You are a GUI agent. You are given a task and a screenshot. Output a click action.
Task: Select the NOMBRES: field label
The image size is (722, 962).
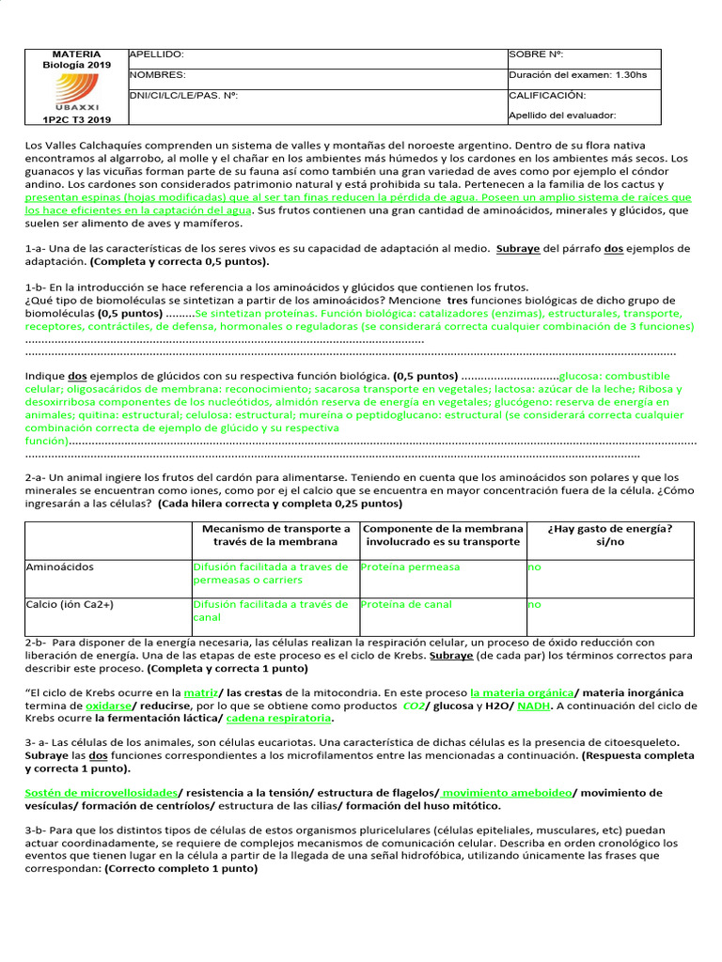click(158, 75)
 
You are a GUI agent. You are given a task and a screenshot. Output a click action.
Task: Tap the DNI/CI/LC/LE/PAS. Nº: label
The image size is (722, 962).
click(184, 95)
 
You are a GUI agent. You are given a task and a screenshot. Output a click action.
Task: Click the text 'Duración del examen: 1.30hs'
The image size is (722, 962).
click(577, 75)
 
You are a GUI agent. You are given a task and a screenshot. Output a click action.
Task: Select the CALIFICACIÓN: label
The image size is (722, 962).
click(547, 95)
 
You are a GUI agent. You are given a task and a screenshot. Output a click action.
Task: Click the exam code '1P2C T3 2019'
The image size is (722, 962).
click(76, 119)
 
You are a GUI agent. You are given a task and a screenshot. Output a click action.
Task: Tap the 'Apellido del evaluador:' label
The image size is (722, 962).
click(562, 116)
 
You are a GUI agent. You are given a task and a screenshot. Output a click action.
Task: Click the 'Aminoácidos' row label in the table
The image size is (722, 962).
click(59, 567)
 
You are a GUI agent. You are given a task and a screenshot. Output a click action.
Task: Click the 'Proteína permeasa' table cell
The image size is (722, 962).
click(411, 567)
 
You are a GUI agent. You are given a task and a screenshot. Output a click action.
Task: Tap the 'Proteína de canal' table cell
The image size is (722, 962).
click(406, 605)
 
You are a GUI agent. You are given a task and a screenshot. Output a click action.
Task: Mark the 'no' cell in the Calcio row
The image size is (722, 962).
click(534, 605)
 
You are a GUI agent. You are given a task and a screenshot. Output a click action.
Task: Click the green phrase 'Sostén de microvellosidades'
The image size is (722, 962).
click(101, 793)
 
